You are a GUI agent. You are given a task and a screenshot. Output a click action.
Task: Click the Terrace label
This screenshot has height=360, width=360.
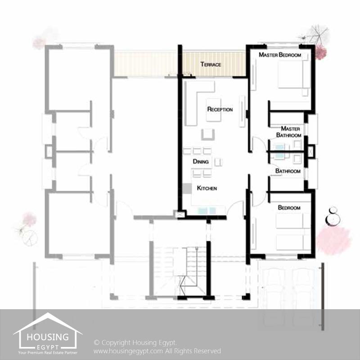coord(211,64)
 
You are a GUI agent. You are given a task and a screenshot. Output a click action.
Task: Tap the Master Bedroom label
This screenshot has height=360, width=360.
coord(280,55)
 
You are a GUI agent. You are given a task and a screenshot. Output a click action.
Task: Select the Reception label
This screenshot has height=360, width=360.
coord(220,109)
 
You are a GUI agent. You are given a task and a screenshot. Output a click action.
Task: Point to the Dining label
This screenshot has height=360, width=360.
coord(201,161)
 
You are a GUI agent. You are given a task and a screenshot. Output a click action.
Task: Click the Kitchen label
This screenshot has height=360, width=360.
coord(207,188)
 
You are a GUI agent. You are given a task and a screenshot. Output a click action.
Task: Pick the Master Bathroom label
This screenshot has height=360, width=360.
coord(289,132)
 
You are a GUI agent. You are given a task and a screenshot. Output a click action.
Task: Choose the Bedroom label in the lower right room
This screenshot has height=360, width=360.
coord(289,208)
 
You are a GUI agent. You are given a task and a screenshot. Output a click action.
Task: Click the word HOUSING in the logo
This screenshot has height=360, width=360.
coord(48,337)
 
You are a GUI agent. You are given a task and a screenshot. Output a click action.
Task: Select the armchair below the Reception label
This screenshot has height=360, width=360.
coord(208,134)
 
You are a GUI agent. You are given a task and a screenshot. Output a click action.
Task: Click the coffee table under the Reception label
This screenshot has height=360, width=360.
coord(214,110)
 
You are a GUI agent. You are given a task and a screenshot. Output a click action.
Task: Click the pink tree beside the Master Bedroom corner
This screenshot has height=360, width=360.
coord(320,52)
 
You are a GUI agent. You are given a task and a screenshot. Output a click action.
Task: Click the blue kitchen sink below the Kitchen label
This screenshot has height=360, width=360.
coord(207,210)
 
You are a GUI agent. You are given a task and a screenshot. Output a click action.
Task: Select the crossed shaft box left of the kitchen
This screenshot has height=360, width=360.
coord(179,214)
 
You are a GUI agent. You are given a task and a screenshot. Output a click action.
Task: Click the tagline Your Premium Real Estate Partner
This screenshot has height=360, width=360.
coord(48,353)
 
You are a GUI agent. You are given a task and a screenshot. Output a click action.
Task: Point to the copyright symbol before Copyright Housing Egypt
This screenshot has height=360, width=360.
coord(97,343)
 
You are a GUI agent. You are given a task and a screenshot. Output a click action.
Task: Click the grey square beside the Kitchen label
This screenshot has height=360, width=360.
coord(187,188)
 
